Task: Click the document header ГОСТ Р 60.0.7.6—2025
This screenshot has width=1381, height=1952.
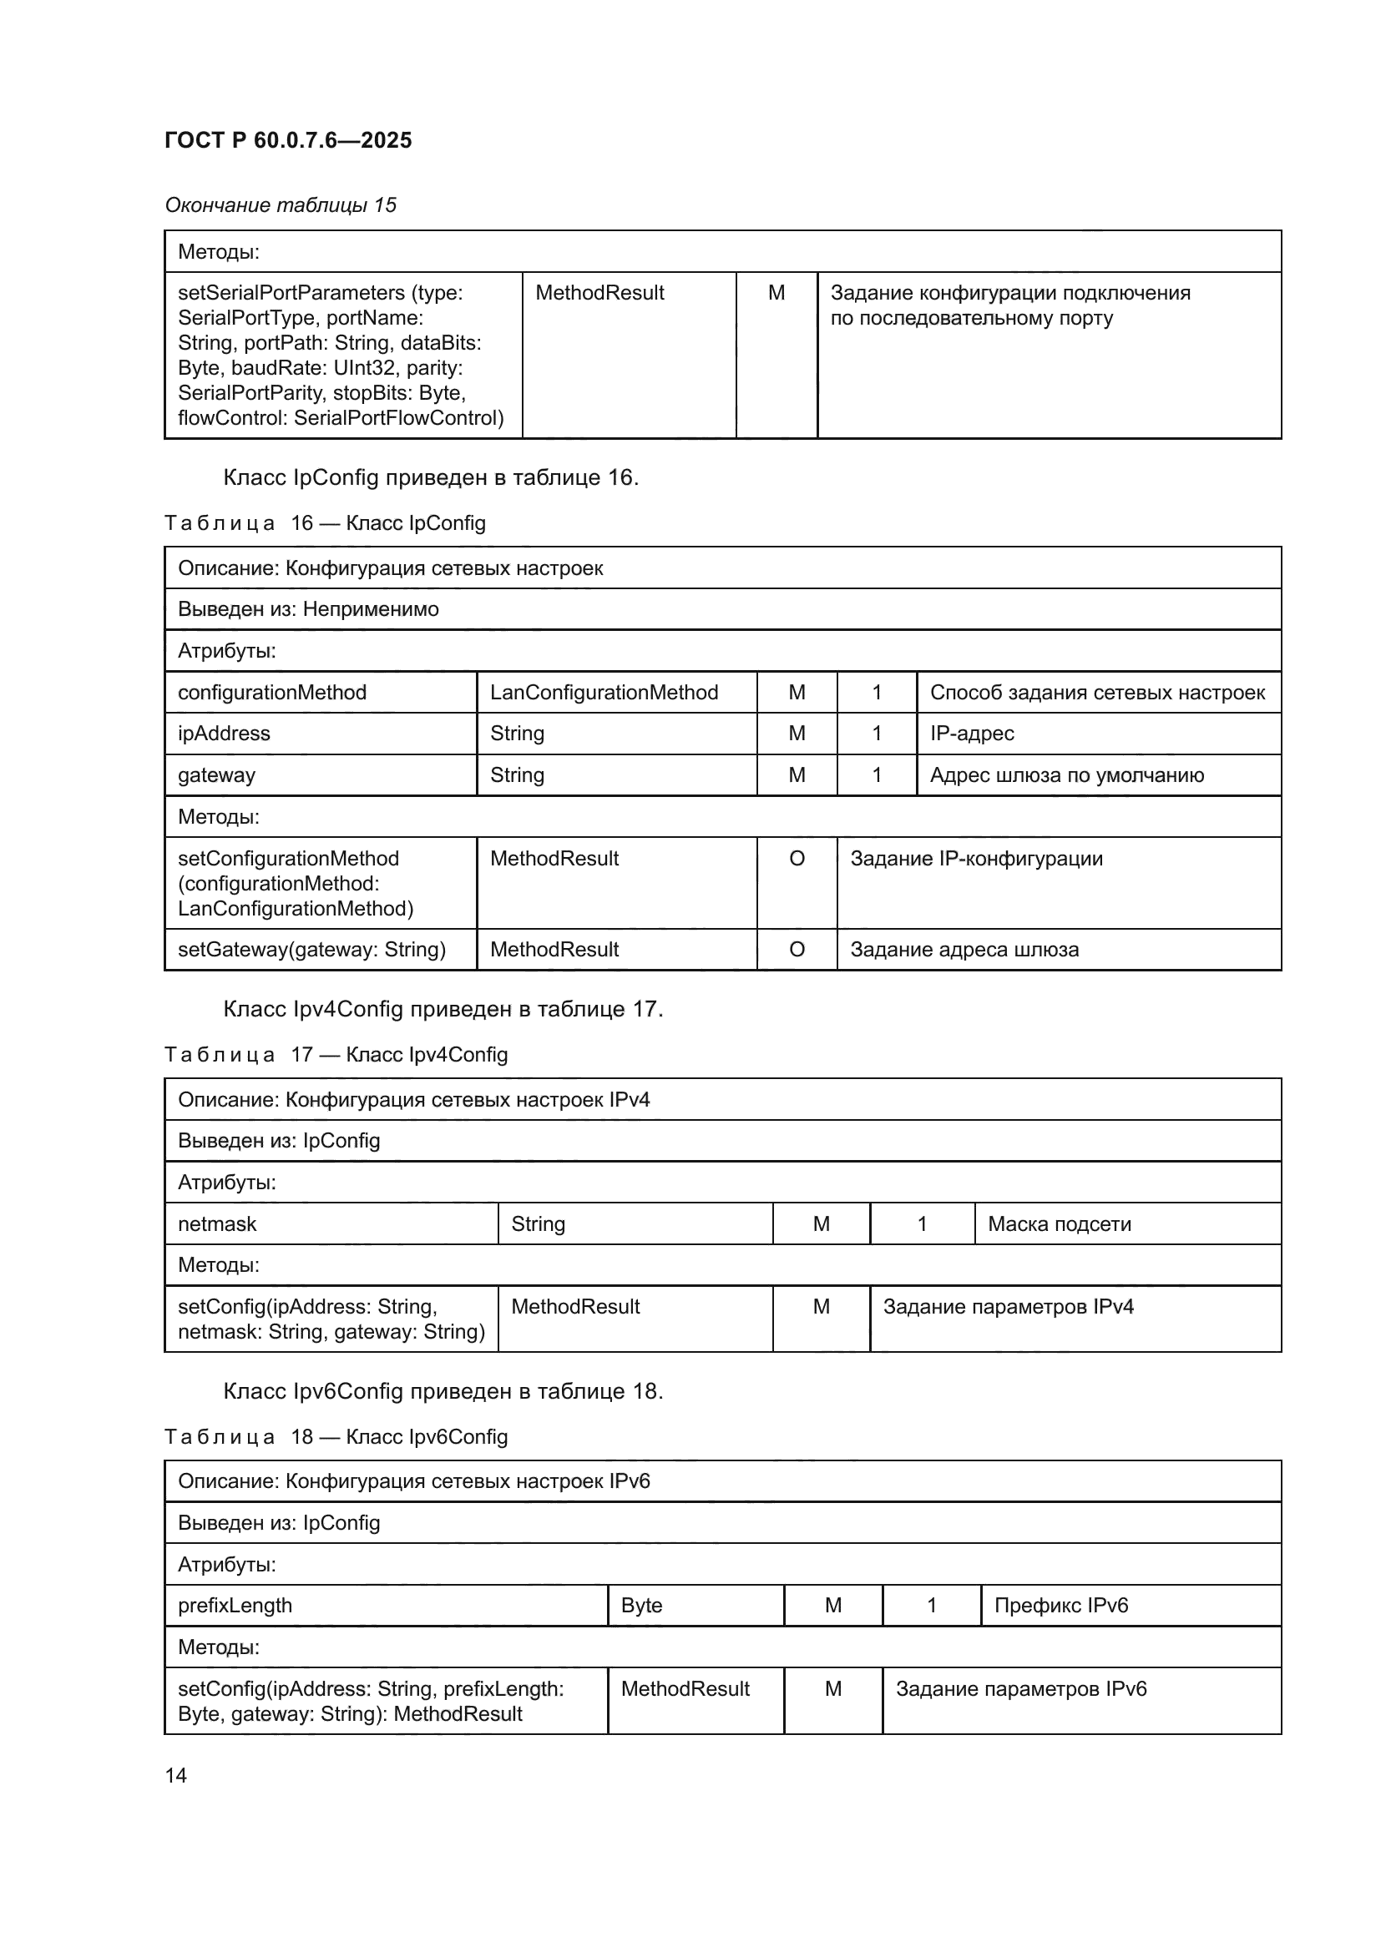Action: tap(288, 140)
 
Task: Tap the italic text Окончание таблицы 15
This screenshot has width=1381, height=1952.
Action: tap(281, 205)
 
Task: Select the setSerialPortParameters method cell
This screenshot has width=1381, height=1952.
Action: tap(341, 355)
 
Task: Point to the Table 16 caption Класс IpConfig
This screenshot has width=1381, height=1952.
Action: tap(325, 523)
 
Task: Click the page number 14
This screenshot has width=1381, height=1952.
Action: tap(176, 1775)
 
